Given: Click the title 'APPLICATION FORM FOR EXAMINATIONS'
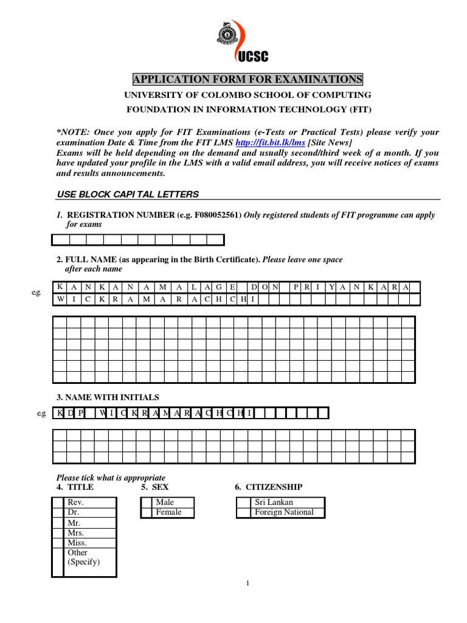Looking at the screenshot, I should (247, 80).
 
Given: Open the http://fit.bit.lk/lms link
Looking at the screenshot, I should (270, 142).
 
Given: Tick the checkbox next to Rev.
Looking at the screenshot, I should (58, 503).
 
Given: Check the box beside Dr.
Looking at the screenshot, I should (58, 512).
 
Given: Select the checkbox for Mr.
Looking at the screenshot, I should (58, 523).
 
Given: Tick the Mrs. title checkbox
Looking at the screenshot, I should (58, 533).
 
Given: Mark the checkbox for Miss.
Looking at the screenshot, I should (58, 543).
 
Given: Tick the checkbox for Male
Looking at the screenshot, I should (147, 503).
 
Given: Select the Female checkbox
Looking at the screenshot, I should (147, 512).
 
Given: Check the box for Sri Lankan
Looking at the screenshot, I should (243, 503).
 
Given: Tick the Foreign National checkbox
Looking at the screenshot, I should (243, 512).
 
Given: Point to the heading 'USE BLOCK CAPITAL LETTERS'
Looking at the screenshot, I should (128, 194).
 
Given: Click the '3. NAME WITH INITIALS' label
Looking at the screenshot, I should (108, 397).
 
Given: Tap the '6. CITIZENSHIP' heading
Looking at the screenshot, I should (268, 487).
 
